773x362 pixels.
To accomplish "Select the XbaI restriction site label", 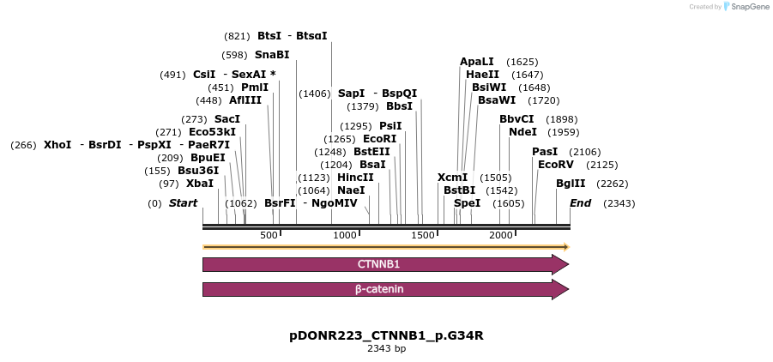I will tap(199, 184).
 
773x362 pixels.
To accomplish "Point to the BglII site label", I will tap(571, 184).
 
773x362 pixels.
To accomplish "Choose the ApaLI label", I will tap(477, 62).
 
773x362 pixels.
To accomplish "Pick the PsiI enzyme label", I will tap(390, 126).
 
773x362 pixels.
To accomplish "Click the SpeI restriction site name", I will tap(467, 203).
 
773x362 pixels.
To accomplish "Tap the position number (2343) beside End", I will tap(619, 203).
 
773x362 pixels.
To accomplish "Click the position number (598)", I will tap(234, 55).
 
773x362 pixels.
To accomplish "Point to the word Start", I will tap(183, 203).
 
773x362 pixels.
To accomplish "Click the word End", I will tap(580, 203).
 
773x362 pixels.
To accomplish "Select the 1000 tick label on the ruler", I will tap(345, 235).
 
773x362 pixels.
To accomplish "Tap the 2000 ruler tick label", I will tap(500, 235).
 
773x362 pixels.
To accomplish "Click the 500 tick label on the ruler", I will tap(269, 235).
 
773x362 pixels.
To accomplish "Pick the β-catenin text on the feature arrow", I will tap(379, 290).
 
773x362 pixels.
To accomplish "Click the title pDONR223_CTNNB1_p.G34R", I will tap(386, 335).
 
